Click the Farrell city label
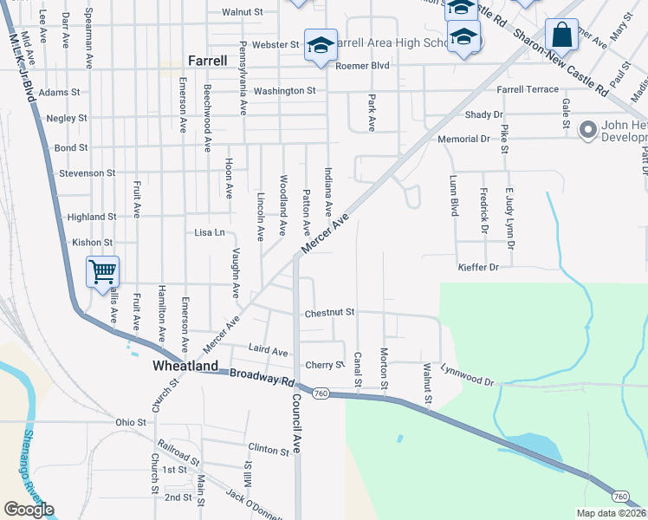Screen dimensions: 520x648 point(208,61)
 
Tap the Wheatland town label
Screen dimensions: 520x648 point(185,367)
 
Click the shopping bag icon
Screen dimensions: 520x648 point(561,36)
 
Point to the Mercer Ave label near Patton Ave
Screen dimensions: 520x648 point(325,235)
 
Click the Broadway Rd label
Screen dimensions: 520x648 point(262,379)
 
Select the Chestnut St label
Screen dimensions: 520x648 point(329,312)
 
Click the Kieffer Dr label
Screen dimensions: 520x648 point(478,268)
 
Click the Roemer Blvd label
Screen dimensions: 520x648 point(363,65)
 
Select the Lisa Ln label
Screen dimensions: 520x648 point(209,232)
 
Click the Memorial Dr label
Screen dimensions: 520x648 point(464,139)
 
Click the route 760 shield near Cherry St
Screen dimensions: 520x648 point(321,394)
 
